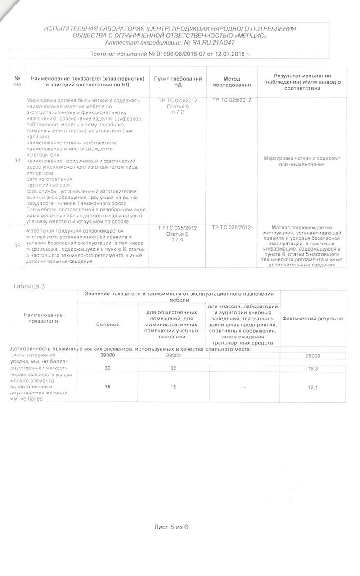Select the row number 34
click(17, 161)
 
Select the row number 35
click(17, 246)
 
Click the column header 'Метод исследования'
click(232, 81)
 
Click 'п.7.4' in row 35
click(177, 239)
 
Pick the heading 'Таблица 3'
click(29, 286)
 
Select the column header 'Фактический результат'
click(306, 319)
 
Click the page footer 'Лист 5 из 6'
click(171, 526)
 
